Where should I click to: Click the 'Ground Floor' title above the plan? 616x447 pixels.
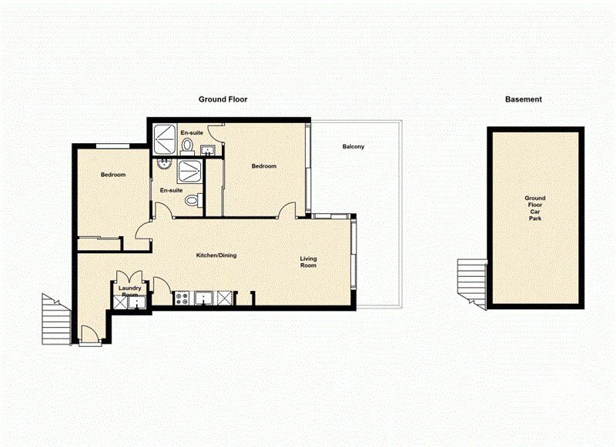click(223, 99)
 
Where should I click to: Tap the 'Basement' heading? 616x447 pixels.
click(523, 99)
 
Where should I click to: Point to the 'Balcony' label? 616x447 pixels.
click(353, 147)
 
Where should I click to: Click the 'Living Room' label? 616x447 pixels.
click(308, 263)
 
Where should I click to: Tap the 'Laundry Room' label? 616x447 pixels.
click(129, 292)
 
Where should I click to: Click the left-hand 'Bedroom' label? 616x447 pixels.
click(113, 175)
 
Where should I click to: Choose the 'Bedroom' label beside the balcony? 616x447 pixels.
click(264, 166)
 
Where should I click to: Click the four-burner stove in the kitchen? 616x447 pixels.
click(182, 298)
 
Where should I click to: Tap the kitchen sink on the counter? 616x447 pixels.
click(205, 298)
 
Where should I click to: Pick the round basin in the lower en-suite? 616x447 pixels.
click(162, 164)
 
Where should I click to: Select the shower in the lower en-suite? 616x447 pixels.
click(189, 171)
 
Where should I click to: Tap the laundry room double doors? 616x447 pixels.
click(128, 278)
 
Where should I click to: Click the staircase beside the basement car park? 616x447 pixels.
click(470, 282)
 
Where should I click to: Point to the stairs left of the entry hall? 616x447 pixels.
click(55, 315)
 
